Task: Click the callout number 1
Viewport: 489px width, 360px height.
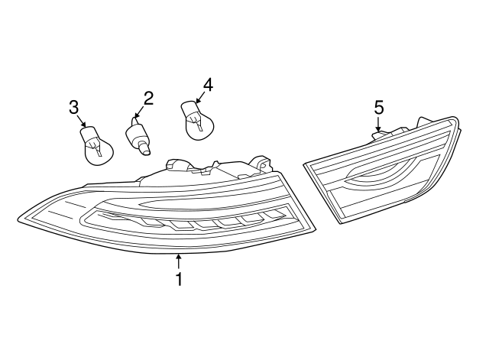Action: pos(179,278)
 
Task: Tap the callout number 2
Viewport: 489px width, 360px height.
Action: pos(148,99)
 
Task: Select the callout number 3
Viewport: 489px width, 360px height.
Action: pos(73,108)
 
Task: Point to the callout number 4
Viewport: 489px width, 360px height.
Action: pos(208,85)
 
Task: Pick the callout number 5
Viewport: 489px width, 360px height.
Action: pos(379,108)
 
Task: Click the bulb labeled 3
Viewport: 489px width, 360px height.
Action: pos(96,144)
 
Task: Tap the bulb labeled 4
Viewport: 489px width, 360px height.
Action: pos(197,120)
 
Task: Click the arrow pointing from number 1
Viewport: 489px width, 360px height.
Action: pos(179,261)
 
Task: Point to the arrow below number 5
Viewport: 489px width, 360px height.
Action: pos(378,124)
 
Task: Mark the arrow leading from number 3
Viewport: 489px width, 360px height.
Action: pos(81,121)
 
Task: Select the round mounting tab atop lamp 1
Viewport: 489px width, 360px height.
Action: pos(259,164)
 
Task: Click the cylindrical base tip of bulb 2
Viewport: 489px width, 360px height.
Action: pos(144,148)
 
